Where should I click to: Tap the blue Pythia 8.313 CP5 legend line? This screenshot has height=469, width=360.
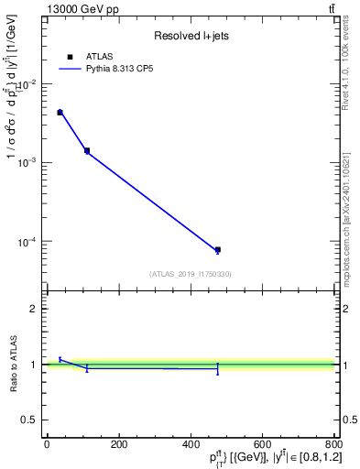point(71,69)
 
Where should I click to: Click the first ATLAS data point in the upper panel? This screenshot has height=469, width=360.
point(60,113)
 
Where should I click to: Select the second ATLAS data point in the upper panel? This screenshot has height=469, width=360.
point(87,150)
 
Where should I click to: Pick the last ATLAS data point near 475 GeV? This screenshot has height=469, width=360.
point(218,249)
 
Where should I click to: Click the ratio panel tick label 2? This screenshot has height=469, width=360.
point(33,309)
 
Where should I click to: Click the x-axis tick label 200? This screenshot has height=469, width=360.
point(118,444)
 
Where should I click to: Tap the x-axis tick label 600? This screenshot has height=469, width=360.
point(262,444)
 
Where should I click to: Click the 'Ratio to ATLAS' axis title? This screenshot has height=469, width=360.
point(13,365)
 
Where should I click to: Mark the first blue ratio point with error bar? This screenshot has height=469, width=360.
point(60,359)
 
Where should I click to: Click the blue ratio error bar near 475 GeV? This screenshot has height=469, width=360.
point(218,368)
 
